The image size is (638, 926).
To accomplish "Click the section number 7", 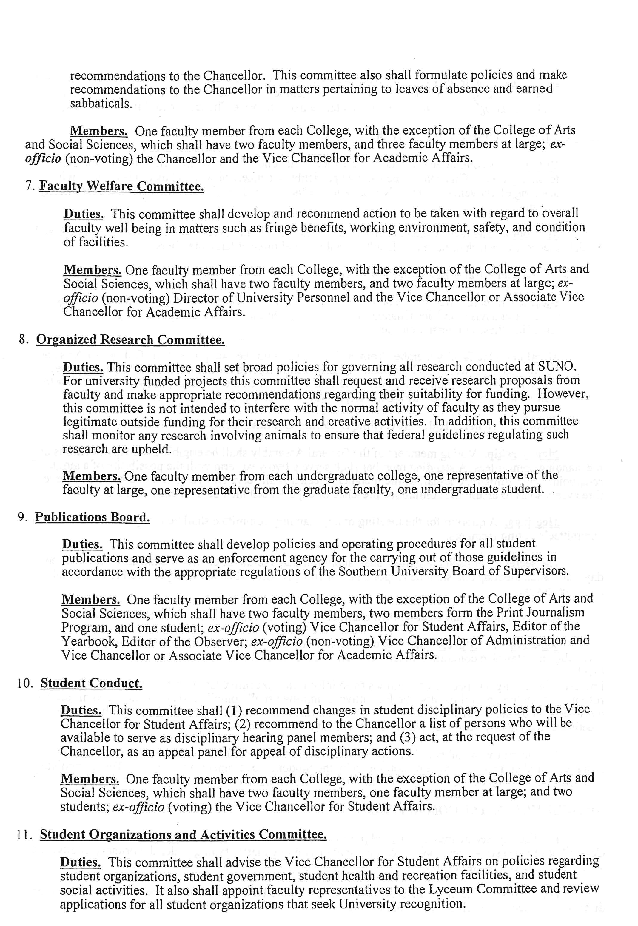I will coord(30,186).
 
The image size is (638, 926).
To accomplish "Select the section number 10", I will coord(25,683).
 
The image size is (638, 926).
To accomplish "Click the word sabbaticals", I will coord(101,104).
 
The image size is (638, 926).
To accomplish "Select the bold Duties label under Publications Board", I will coord(82,544).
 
